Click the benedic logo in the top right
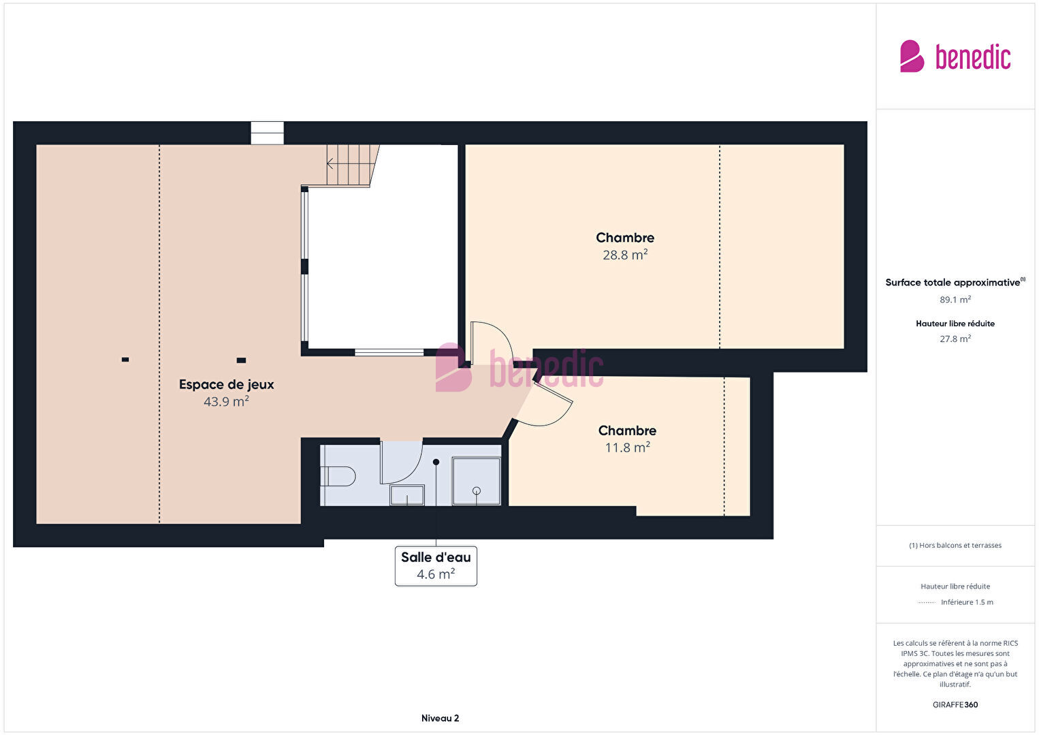point(955,56)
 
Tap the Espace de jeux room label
point(226,384)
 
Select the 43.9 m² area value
point(226,401)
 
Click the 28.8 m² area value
point(625,254)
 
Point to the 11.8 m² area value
point(627,448)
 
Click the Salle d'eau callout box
point(436,565)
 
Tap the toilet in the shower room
point(338,476)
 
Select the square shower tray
point(477,481)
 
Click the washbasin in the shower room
point(406,495)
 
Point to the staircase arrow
point(330,163)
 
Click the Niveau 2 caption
point(440,718)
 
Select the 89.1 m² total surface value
point(955,299)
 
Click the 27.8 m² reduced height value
point(955,339)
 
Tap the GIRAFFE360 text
point(955,704)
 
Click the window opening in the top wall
point(267,134)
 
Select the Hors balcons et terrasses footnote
point(955,545)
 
